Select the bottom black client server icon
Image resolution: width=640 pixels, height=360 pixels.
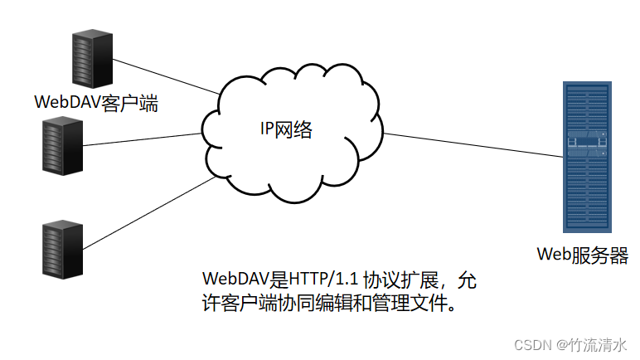click(62, 246)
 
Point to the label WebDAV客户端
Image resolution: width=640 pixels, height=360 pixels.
click(95, 103)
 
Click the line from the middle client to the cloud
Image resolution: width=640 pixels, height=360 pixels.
click(141, 142)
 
